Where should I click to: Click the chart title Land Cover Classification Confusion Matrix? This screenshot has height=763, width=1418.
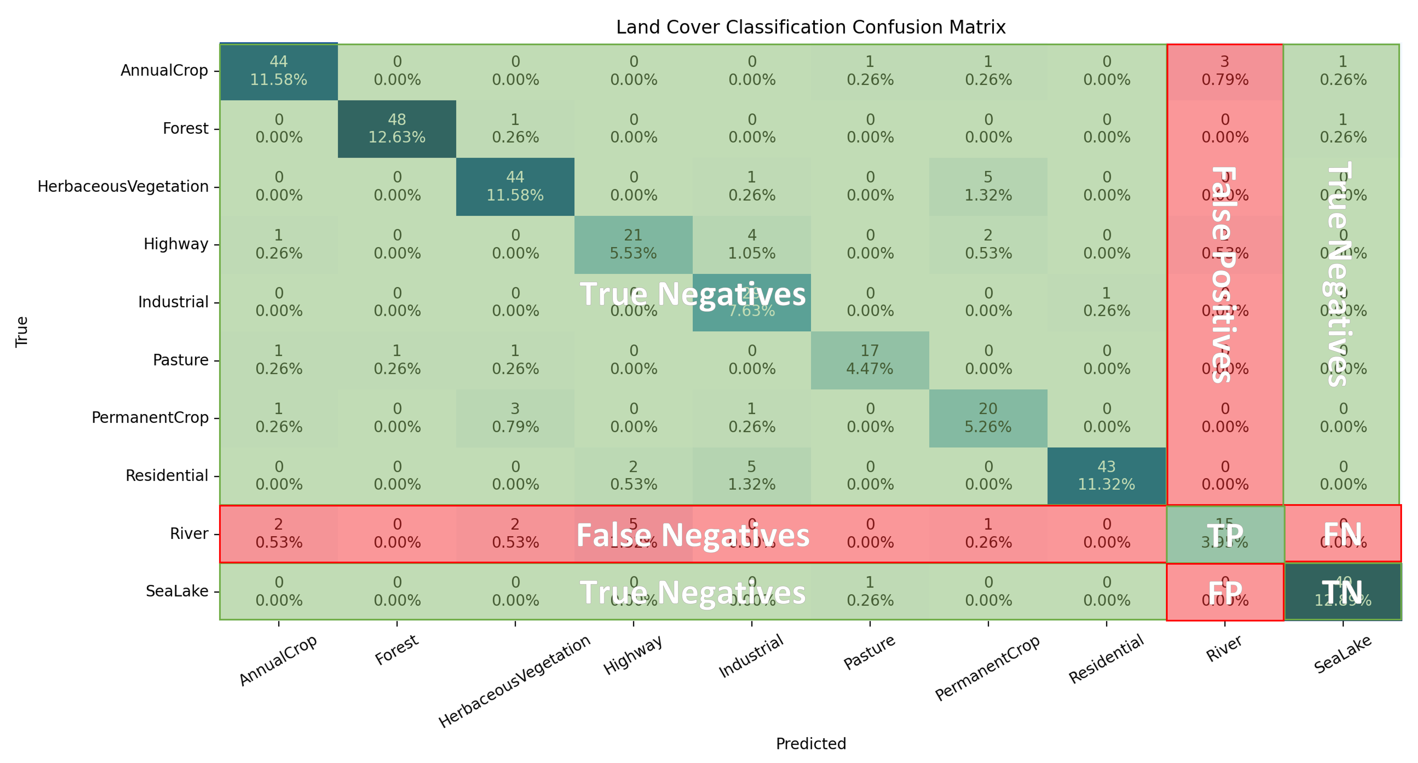point(810,27)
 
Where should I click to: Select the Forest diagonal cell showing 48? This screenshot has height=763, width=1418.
point(397,128)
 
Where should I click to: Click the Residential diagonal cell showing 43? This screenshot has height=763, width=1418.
point(1107,476)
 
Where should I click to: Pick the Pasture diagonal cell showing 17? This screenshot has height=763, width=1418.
point(870,360)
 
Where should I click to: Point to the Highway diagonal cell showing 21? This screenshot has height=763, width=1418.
point(633,244)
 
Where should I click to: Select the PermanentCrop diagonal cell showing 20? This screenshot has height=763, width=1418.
point(988,418)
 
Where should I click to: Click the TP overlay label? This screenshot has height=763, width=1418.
point(1225,534)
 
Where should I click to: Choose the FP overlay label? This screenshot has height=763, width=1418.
point(1225,592)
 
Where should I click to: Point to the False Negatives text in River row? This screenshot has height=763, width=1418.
point(693,535)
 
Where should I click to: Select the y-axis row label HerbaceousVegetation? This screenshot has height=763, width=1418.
point(123,187)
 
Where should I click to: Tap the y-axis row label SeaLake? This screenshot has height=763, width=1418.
point(177,591)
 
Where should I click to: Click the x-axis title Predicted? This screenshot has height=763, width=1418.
point(810,744)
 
